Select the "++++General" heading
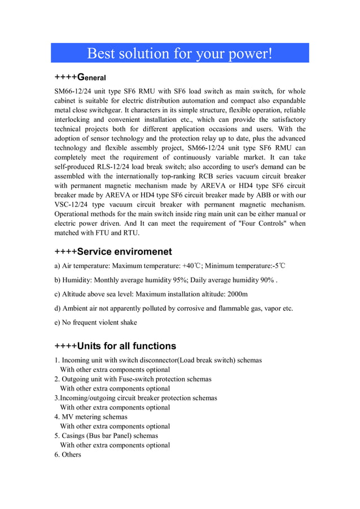point(80,77)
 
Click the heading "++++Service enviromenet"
point(113,252)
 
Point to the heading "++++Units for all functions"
point(115,346)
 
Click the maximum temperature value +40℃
point(196,266)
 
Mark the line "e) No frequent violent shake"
point(95,323)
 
